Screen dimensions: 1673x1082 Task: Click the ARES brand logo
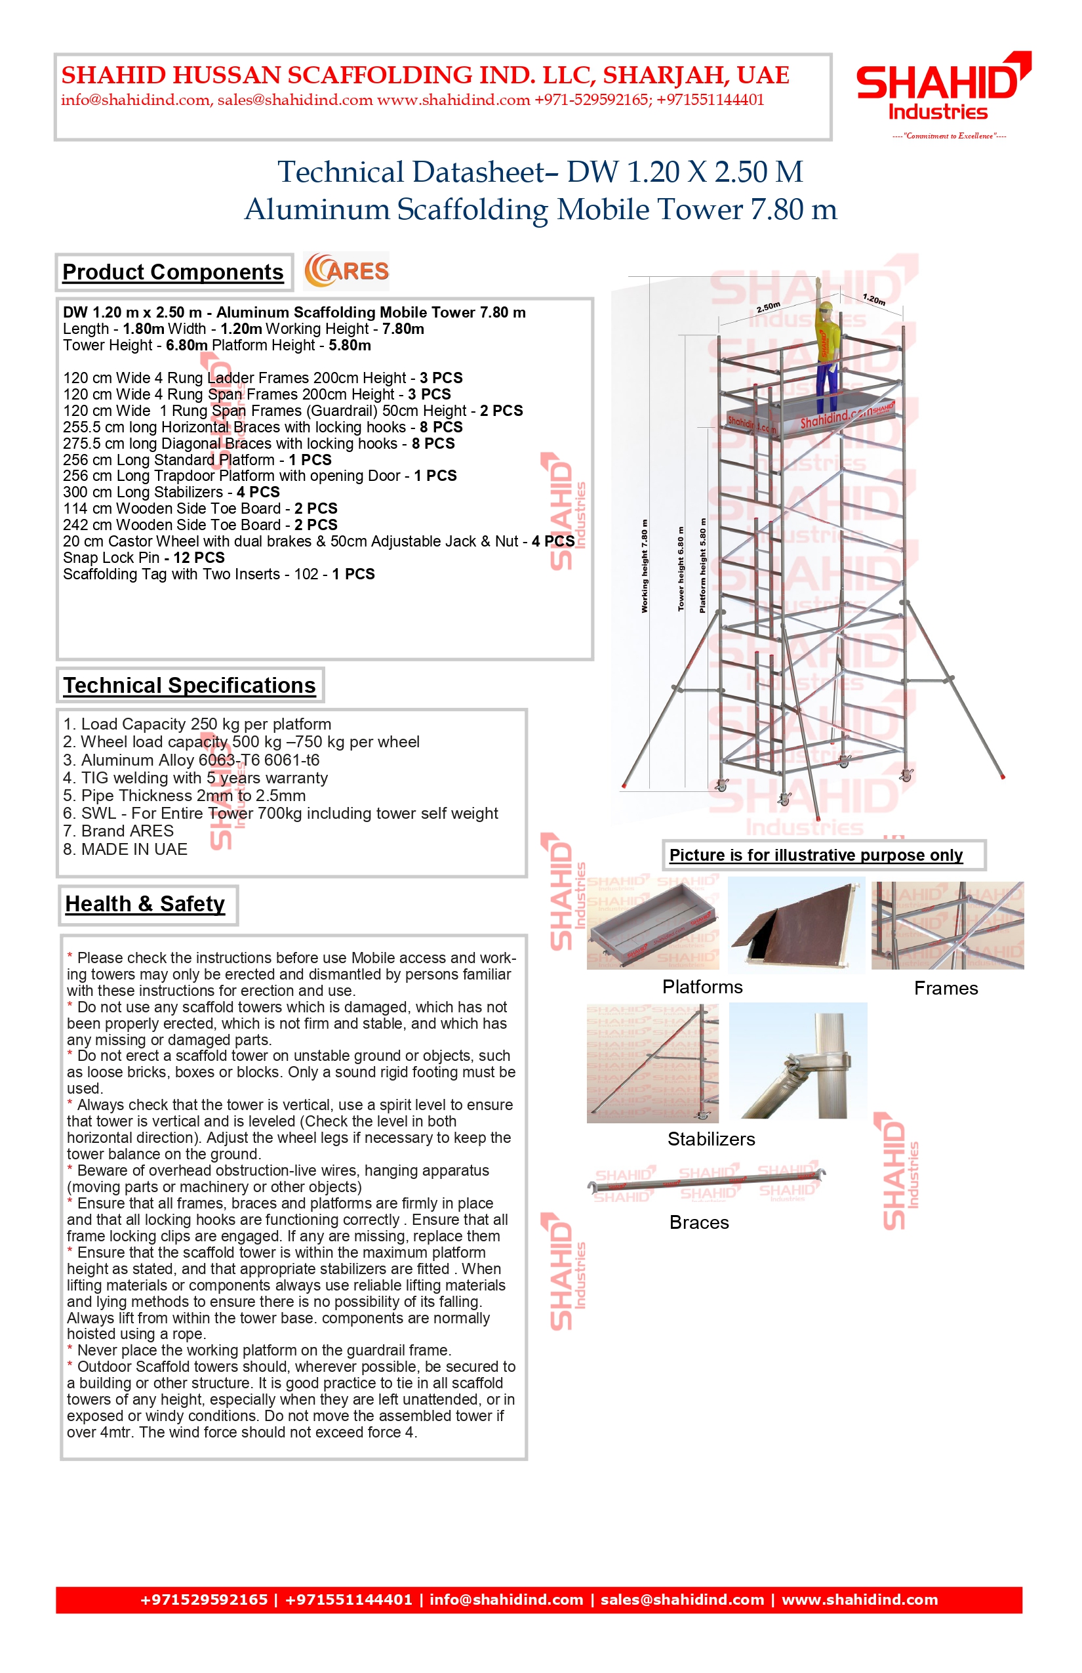pos(346,272)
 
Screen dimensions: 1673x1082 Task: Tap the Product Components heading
pos(173,272)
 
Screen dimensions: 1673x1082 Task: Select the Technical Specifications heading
pos(190,686)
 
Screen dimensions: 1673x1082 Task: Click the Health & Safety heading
pos(146,904)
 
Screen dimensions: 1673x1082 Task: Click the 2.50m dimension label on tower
pos(768,306)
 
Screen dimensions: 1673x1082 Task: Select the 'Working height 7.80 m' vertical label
pos(644,566)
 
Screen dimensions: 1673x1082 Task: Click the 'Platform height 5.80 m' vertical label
pos(702,566)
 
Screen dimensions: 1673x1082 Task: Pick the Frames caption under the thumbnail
pos(946,988)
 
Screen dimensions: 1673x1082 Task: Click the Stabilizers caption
pos(711,1139)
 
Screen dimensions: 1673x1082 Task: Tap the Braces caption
pos(699,1222)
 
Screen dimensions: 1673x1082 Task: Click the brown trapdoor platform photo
pos(796,926)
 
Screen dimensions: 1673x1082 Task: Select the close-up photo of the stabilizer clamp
pos(798,1061)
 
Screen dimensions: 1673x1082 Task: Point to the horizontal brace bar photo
pos(706,1183)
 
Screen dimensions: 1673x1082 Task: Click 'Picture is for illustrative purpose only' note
pos(816,856)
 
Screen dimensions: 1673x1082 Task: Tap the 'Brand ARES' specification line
pos(118,831)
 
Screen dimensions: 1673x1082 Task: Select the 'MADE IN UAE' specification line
pos(125,849)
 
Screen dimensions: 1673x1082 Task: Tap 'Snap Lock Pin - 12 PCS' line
pos(144,558)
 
